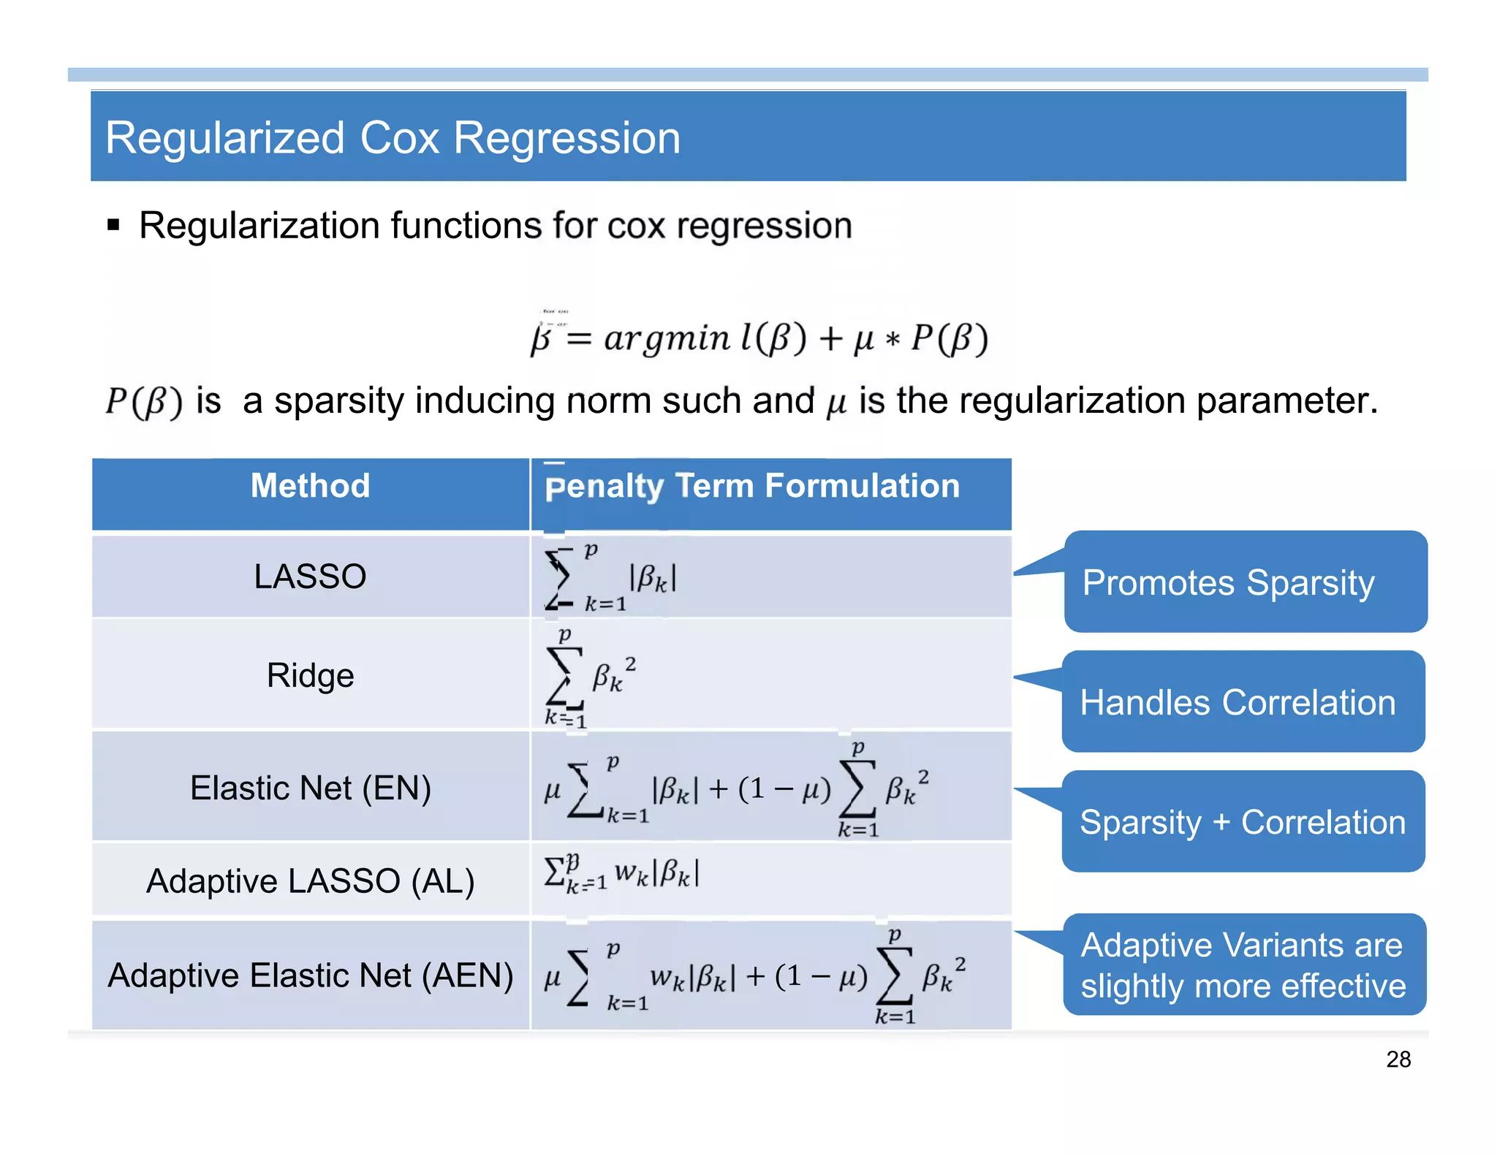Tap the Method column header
(x=310, y=486)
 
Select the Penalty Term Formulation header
(x=752, y=487)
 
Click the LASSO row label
(x=310, y=577)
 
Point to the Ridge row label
(x=310, y=675)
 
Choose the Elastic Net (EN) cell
(x=310, y=788)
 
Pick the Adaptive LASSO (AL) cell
(x=310, y=881)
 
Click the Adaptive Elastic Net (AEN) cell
(x=310, y=976)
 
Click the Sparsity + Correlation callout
(x=1243, y=822)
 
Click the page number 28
(x=1398, y=1060)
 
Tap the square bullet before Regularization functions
(x=113, y=224)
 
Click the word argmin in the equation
(x=666, y=338)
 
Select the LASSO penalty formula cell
(x=611, y=577)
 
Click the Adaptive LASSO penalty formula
(x=621, y=873)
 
